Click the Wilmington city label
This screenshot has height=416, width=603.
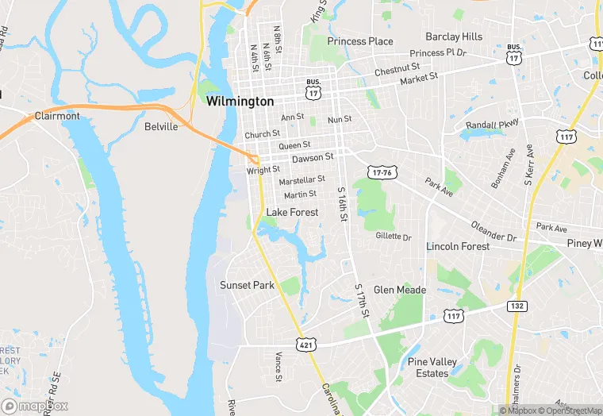pyautogui.click(x=240, y=102)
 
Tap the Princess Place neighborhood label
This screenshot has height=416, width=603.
pyautogui.click(x=360, y=41)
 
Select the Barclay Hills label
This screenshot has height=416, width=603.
pyautogui.click(x=454, y=37)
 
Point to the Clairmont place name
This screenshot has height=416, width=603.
pyautogui.click(x=57, y=116)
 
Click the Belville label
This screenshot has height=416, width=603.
pyautogui.click(x=161, y=126)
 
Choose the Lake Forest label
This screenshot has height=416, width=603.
pyautogui.click(x=292, y=212)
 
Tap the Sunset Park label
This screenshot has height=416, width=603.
pyautogui.click(x=247, y=285)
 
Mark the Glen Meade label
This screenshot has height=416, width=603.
pyautogui.click(x=400, y=290)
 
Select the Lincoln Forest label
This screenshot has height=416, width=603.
pyautogui.click(x=458, y=247)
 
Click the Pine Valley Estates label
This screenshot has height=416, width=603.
pyautogui.click(x=432, y=368)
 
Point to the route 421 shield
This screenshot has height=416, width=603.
pyautogui.click(x=306, y=344)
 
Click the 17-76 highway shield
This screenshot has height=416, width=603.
pyautogui.click(x=381, y=172)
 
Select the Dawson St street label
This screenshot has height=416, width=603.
pyautogui.click(x=313, y=158)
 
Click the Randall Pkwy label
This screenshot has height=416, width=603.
pyautogui.click(x=492, y=125)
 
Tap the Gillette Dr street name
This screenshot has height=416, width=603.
pyautogui.click(x=394, y=237)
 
